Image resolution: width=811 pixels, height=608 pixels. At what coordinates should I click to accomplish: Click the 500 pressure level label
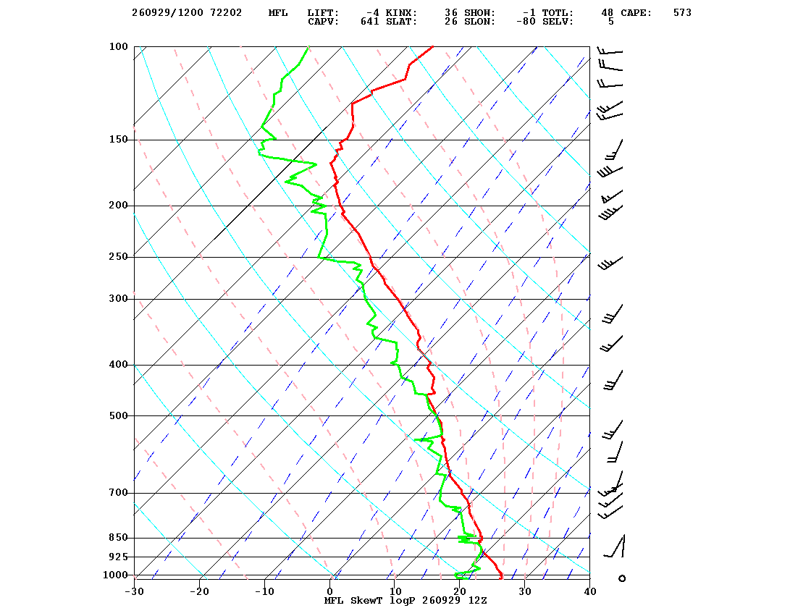119,415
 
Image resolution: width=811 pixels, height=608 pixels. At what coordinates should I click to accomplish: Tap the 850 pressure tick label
119,538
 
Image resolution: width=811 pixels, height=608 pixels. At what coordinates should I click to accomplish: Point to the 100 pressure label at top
119,46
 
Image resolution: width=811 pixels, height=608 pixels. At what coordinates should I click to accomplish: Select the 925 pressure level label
119,557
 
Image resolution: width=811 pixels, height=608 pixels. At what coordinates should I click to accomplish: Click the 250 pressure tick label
119,257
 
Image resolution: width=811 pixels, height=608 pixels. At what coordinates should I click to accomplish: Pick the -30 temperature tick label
135,591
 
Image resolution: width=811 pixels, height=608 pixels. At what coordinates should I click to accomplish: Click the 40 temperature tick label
590,591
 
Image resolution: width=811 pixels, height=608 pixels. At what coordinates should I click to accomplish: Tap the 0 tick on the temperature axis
330,591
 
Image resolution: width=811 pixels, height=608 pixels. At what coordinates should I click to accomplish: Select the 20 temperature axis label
460,591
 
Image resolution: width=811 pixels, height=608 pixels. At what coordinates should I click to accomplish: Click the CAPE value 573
682,13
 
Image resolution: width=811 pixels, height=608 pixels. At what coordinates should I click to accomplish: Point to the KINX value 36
451,13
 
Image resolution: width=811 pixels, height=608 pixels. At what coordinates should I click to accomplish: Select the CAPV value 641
370,22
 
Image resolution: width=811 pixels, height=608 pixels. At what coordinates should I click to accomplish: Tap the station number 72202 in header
226,13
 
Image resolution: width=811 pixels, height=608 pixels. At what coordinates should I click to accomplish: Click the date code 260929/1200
167,13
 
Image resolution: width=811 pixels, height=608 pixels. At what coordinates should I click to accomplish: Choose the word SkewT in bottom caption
366,601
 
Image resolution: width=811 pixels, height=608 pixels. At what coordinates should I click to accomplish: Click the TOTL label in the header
558,13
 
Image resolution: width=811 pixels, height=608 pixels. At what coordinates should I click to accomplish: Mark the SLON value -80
526,22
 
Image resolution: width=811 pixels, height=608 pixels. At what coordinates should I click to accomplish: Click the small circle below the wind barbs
622,578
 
